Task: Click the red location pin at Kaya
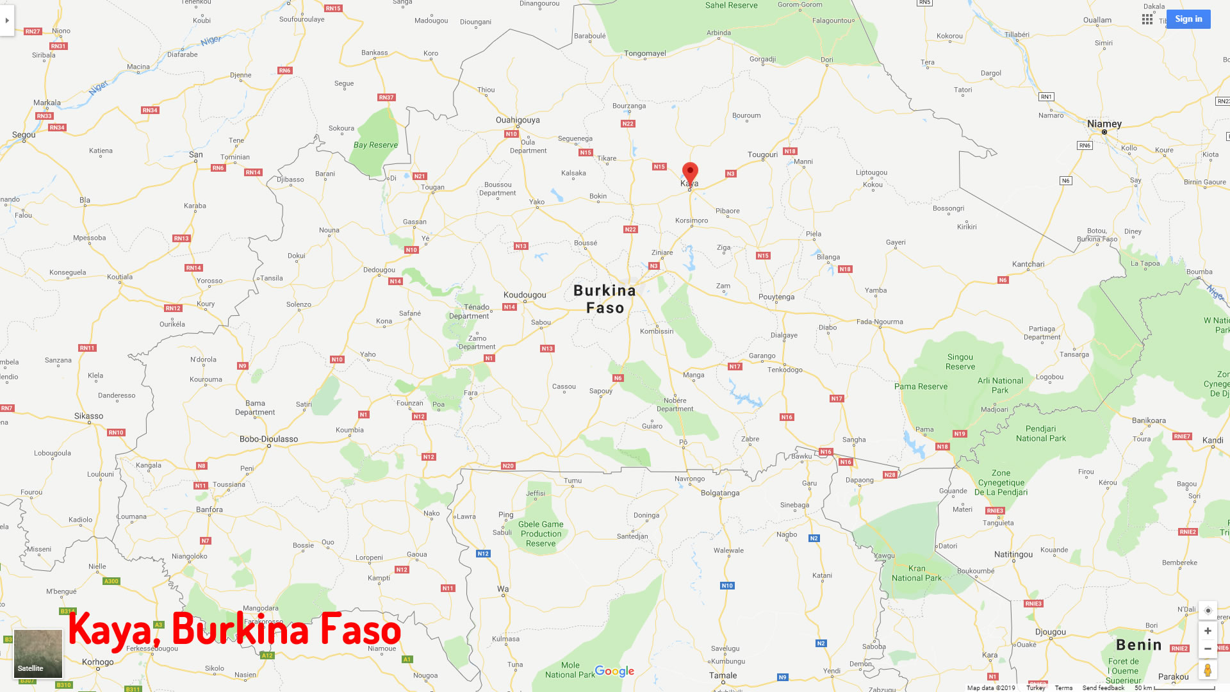(690, 172)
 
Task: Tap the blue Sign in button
(1188, 19)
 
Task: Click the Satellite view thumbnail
(38, 653)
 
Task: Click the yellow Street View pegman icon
(1208, 670)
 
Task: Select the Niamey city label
(1104, 124)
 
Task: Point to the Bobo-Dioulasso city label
(268, 439)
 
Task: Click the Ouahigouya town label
(518, 120)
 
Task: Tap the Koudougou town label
(525, 295)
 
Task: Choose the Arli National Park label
(1000, 385)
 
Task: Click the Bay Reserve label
(375, 145)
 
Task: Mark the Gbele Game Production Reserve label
(541, 534)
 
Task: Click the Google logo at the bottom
(614, 671)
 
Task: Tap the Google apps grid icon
(1147, 19)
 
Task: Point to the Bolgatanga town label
(720, 493)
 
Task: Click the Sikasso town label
(88, 416)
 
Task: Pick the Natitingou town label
(1013, 554)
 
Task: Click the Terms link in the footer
(1063, 688)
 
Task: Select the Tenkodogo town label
(785, 370)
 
